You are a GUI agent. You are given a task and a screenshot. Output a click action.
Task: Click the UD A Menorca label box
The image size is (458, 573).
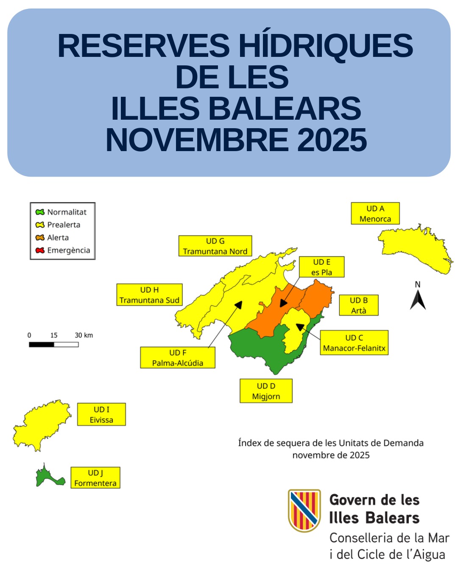click(x=375, y=213)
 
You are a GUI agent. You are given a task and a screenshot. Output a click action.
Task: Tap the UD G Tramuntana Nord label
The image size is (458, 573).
click(x=215, y=246)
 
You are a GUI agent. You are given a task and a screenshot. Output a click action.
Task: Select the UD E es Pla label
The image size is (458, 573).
click(x=321, y=267)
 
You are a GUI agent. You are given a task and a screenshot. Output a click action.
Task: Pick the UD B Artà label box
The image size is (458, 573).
click(x=359, y=305)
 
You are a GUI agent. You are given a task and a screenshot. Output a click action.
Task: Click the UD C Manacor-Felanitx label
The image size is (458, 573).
click(x=354, y=343)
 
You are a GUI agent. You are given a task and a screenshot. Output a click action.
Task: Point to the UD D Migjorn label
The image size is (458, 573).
click(x=266, y=391)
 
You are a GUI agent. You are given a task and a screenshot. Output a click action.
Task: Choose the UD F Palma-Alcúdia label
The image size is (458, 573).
click(x=178, y=358)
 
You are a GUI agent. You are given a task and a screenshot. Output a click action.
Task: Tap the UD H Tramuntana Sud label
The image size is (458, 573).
click(x=149, y=295)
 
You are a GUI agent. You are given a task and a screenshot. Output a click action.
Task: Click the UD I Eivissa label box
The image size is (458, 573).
click(x=101, y=415)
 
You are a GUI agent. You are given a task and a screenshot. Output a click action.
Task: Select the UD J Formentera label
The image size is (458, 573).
click(x=95, y=478)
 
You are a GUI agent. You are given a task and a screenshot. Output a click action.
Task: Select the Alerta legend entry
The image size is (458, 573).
click(x=53, y=238)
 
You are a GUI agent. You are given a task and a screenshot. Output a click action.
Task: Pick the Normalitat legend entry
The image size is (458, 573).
click(x=61, y=212)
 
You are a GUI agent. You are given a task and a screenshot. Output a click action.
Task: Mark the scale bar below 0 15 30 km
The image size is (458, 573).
click(x=54, y=345)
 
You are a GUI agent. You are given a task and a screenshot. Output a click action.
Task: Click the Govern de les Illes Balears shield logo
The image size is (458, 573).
click(x=304, y=510)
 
